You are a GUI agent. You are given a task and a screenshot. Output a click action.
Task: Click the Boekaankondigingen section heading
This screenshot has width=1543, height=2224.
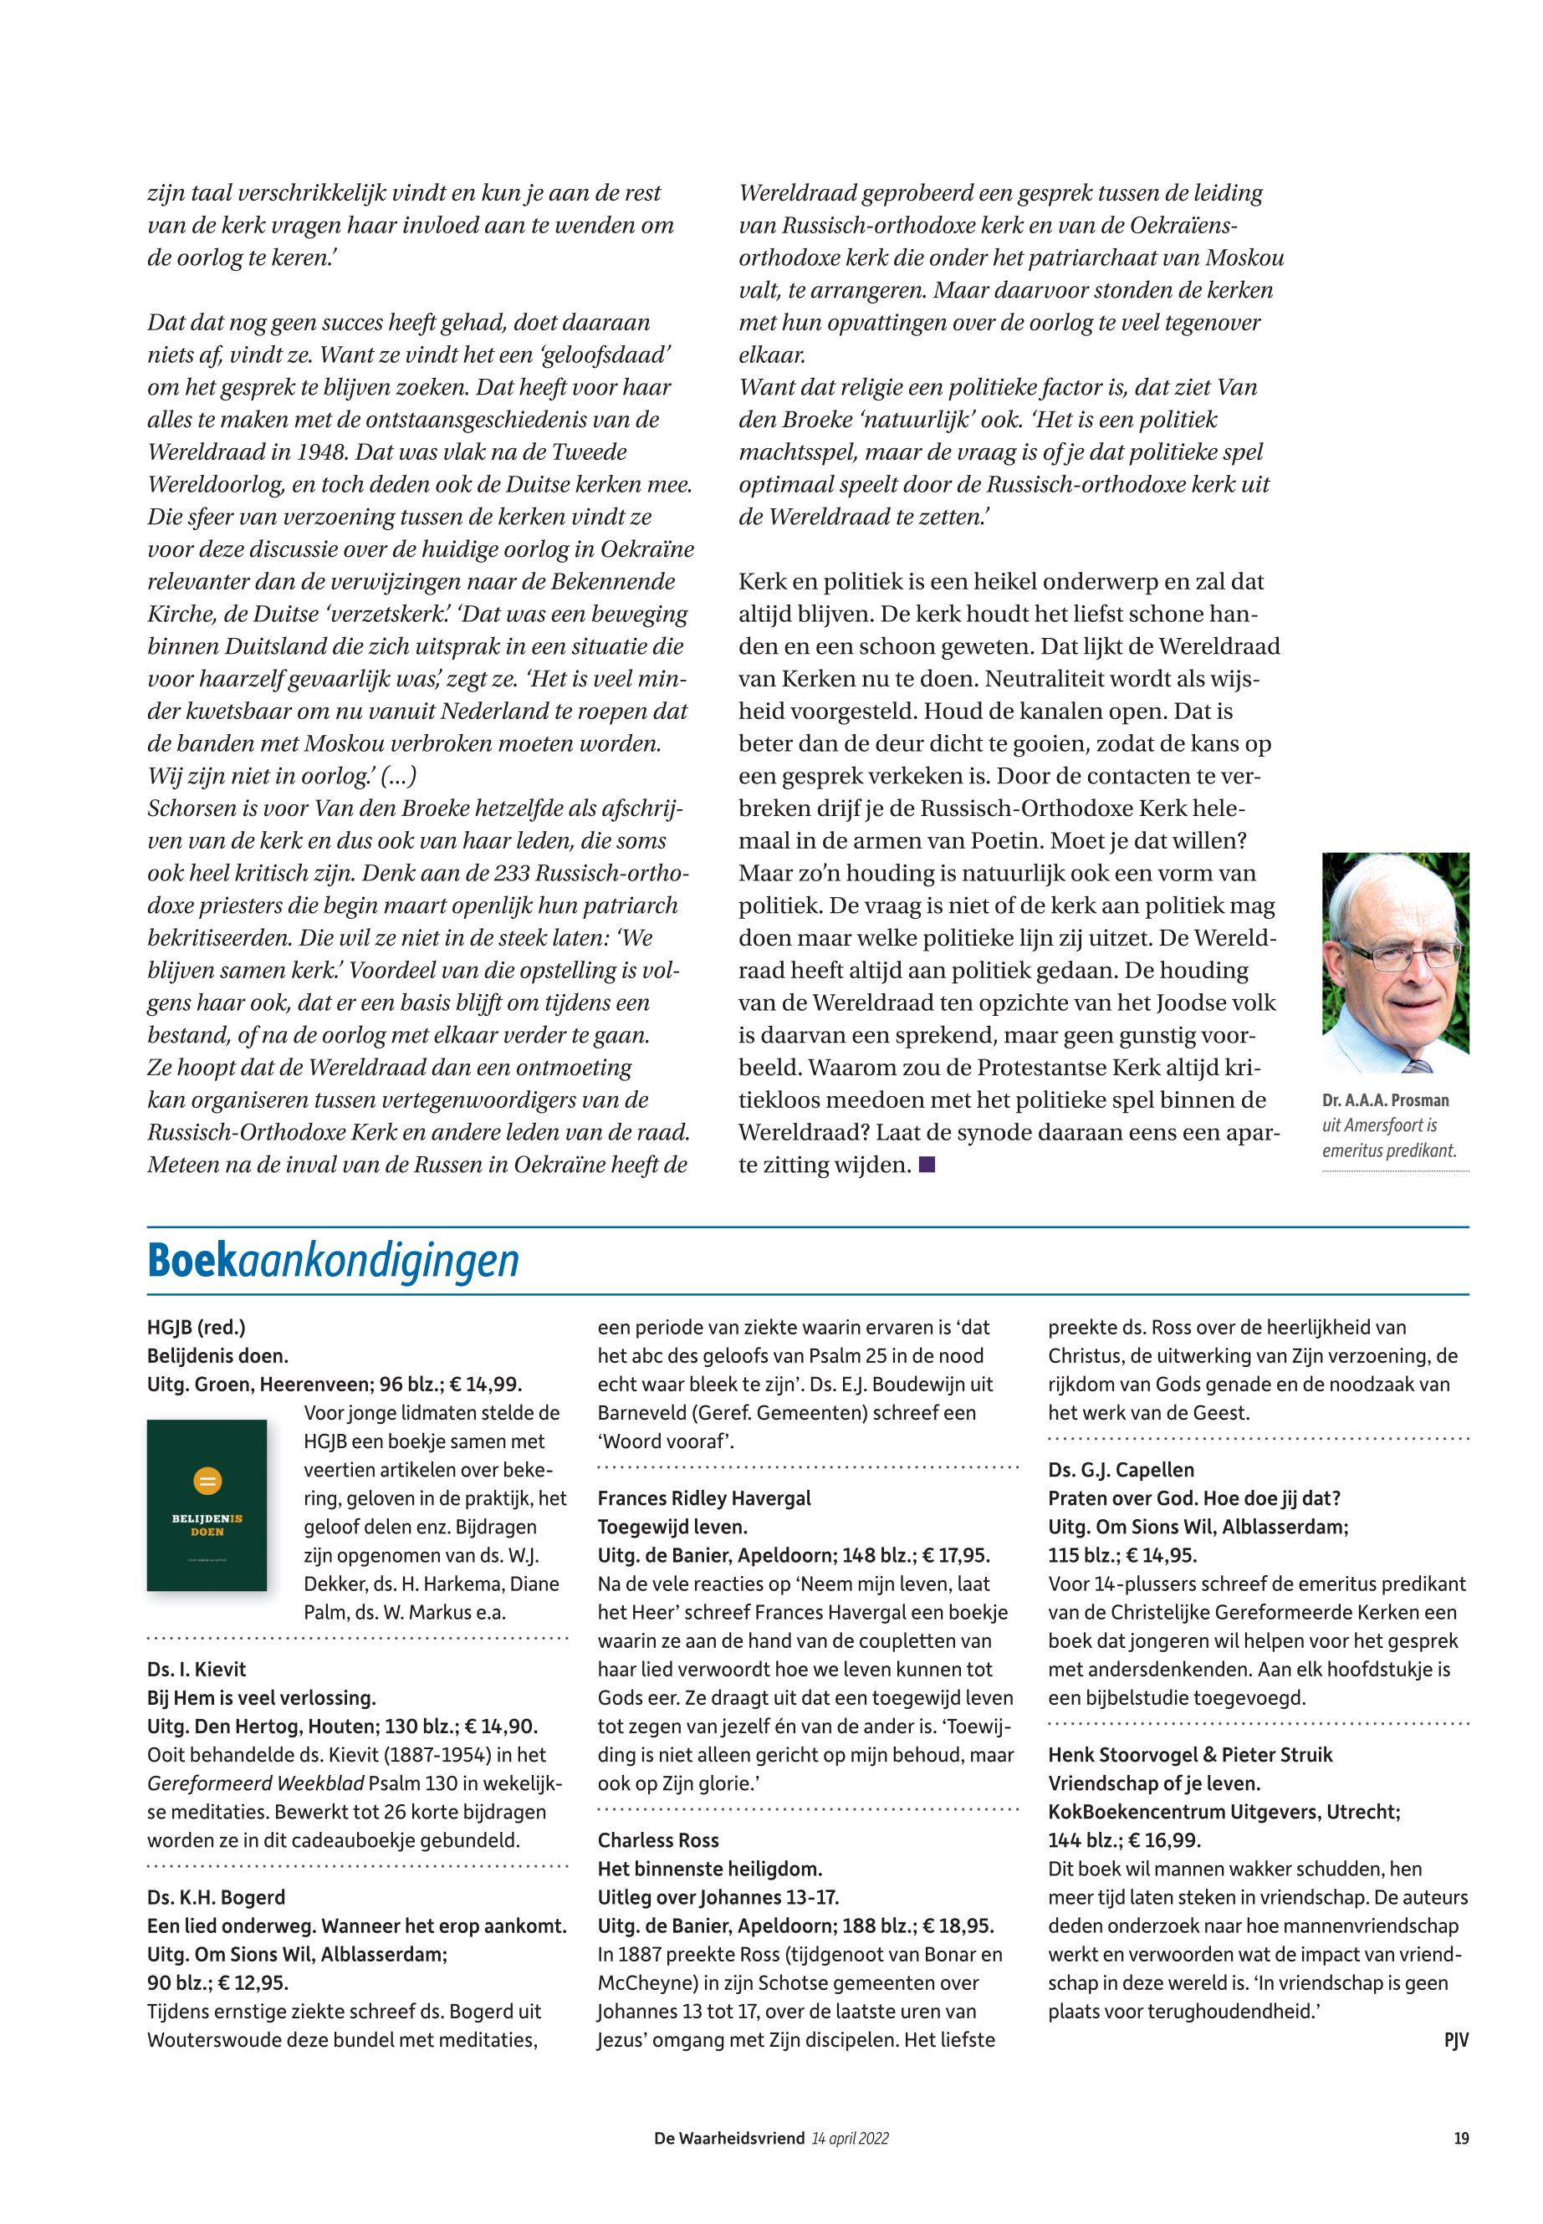333,1260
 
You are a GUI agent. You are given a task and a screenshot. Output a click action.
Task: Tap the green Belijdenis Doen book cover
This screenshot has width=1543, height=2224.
207,1505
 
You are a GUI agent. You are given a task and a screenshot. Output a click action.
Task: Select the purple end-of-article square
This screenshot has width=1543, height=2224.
928,1165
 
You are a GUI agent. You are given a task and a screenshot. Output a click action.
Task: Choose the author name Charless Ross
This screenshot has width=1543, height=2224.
658,1840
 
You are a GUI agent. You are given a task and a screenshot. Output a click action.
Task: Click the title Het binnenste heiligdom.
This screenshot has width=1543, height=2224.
710,1869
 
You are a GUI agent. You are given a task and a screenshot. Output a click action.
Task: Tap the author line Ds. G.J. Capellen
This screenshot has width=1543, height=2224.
1121,1469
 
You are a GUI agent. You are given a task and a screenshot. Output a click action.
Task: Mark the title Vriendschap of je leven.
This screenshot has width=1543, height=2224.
1154,1783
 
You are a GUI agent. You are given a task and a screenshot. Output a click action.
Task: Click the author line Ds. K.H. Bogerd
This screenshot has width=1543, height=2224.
217,1897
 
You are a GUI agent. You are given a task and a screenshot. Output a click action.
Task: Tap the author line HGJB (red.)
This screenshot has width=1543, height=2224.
197,1328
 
